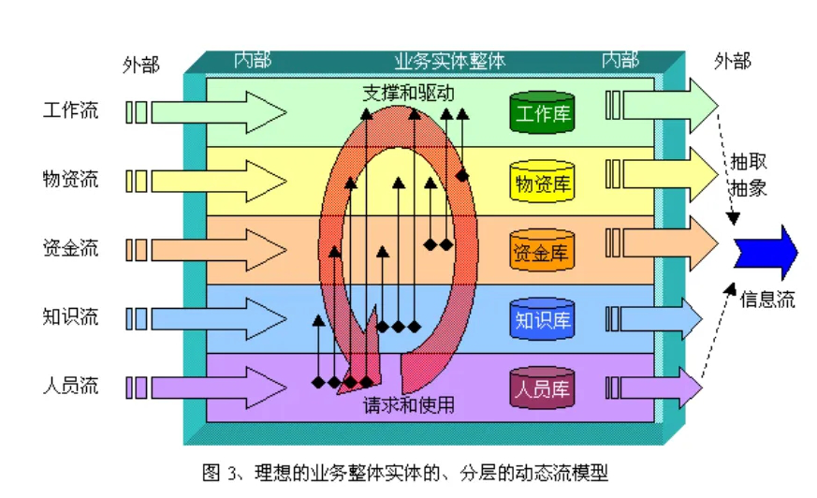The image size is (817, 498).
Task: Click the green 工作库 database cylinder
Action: point(542,112)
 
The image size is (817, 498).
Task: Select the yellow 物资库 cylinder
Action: point(542,182)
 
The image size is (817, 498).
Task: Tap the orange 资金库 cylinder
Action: point(542,251)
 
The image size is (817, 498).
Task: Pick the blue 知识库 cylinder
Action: point(542,320)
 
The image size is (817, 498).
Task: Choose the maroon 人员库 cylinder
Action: point(542,388)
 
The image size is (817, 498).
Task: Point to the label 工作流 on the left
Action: point(70,110)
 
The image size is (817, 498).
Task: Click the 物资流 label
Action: point(70,179)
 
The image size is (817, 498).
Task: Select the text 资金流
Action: point(70,248)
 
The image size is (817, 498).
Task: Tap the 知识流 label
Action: point(70,316)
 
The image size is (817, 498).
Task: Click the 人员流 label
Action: point(70,385)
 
